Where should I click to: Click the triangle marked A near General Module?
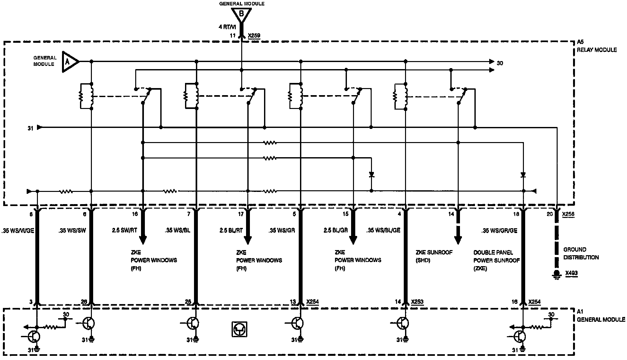tap(69, 61)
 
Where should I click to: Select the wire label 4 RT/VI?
tap(227, 27)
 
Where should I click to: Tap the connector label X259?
tap(254, 36)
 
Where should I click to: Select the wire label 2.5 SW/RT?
tap(124, 230)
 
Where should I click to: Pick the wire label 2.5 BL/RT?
tap(231, 230)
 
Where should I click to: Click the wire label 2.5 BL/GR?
tap(336, 230)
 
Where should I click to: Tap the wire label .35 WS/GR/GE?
tap(499, 230)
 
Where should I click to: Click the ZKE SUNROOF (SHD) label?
tap(434, 256)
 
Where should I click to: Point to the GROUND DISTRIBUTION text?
tap(581, 253)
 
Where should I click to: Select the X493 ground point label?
tap(571, 273)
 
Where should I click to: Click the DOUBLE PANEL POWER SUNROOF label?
tap(496, 260)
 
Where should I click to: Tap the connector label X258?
tap(568, 214)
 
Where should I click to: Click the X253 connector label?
tap(417, 302)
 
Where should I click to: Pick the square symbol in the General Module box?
tap(239, 329)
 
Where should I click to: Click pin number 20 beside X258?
tap(550, 214)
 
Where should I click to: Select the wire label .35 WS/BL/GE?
tap(383, 230)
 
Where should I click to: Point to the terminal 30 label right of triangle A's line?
tap(500, 63)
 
